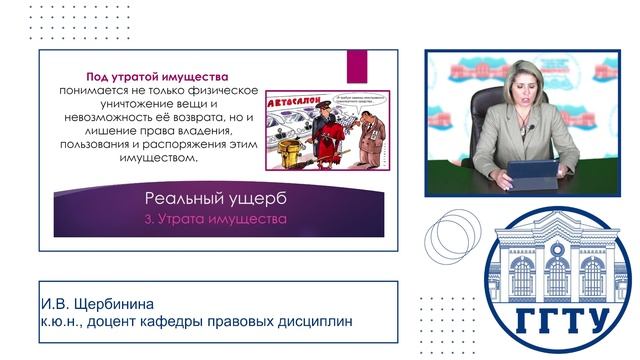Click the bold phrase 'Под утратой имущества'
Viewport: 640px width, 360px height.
click(157, 76)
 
